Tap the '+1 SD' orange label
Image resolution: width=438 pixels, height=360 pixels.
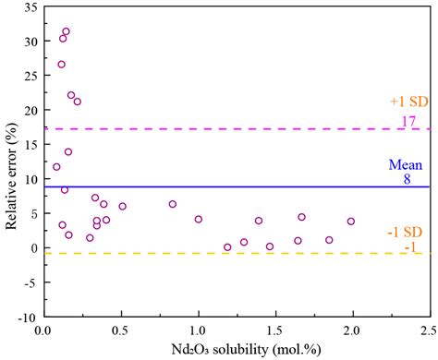pos(406,102)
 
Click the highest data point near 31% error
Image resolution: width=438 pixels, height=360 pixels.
pos(66,31)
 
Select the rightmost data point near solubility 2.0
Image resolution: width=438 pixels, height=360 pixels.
pos(350,222)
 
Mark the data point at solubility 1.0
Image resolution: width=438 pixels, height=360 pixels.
pos(198,219)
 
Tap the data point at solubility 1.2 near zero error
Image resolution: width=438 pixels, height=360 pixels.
pos(227,246)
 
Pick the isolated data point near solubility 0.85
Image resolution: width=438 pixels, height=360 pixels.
pos(173,204)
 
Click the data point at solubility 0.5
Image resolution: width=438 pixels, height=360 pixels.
pos(122,206)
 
